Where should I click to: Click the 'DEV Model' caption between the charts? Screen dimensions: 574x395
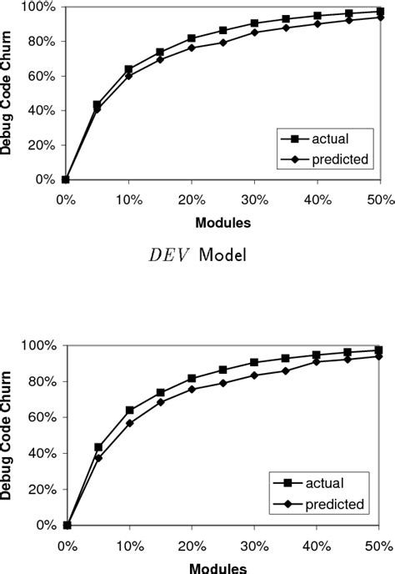[197, 255]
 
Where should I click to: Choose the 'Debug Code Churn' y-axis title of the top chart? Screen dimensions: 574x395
[10, 93]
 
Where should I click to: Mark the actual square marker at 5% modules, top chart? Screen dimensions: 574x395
[97, 105]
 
